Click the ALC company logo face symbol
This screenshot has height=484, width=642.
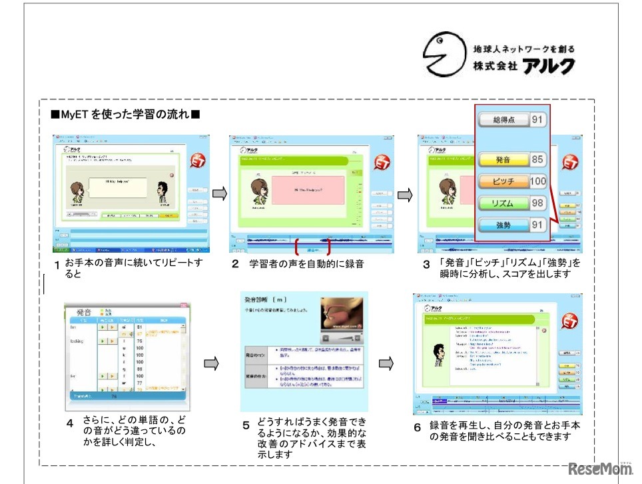(x=444, y=54)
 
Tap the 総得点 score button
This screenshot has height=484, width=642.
(x=505, y=120)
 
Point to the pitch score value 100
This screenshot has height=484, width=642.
(x=538, y=181)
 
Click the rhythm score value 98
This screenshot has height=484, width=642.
(x=538, y=203)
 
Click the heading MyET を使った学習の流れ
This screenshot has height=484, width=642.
(x=125, y=115)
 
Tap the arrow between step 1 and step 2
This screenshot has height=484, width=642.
(x=220, y=193)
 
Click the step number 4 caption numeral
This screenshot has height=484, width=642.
(x=69, y=423)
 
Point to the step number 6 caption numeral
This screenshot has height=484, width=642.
(x=417, y=427)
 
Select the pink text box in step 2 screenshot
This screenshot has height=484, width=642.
(x=309, y=190)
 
